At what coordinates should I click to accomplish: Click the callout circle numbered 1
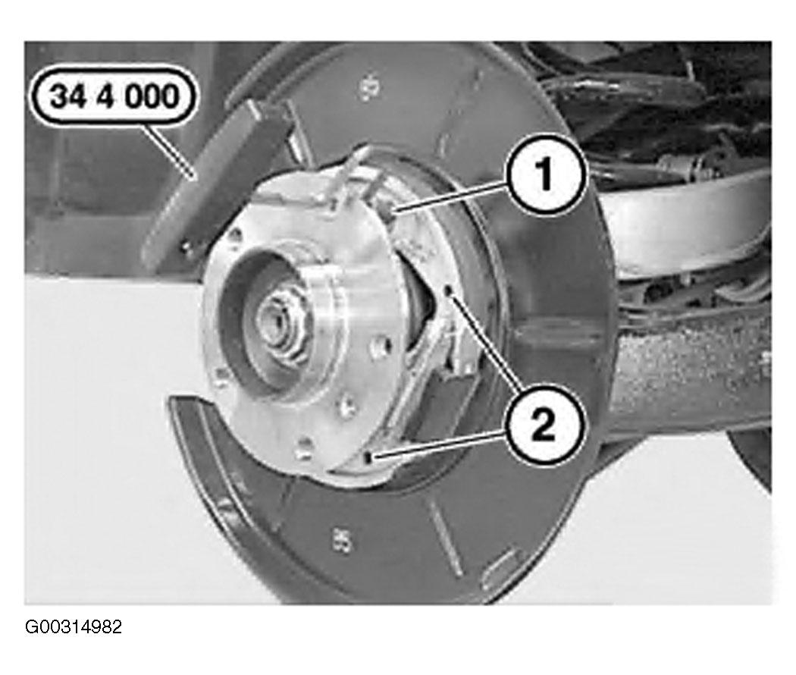546,174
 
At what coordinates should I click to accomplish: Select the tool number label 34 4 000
114,96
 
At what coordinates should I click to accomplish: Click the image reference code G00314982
74,627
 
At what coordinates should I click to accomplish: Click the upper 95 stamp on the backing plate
370,87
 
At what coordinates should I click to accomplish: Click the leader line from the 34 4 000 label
168,152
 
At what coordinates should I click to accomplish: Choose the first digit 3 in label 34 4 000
59,96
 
